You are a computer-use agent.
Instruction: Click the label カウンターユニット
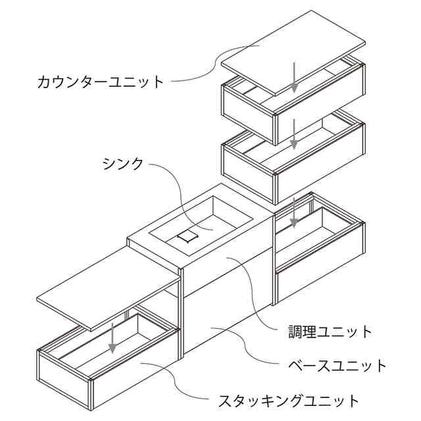pos(101,82)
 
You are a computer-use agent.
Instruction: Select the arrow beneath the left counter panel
pos(114,337)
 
